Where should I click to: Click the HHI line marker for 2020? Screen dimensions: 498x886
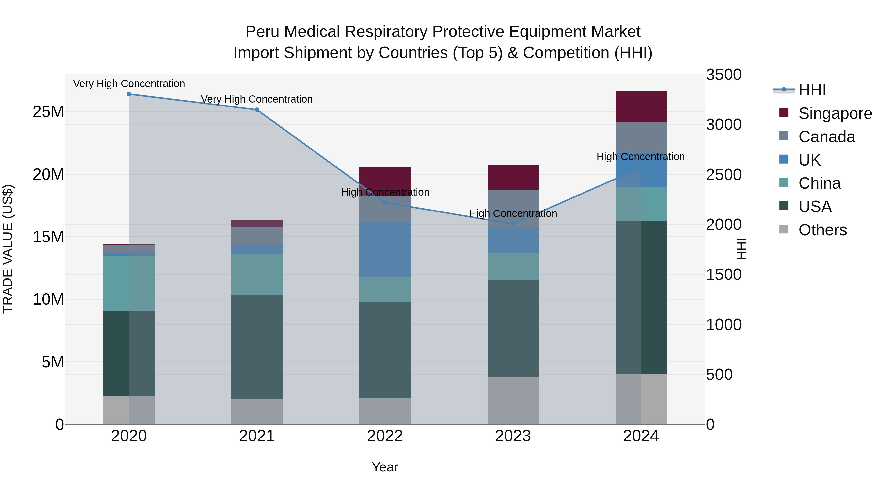pos(129,94)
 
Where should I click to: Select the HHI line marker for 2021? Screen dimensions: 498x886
pos(257,110)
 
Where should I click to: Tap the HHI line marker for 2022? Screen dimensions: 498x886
pos(385,203)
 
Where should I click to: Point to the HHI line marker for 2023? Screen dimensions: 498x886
pos(513,224)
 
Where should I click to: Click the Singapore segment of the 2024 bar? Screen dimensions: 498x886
pos(641,107)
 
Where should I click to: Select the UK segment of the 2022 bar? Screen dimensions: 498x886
pos(385,249)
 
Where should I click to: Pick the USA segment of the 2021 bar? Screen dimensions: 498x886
pos(257,347)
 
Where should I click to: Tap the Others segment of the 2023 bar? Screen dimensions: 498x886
pos(513,400)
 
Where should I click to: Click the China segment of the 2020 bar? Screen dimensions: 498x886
pos(129,283)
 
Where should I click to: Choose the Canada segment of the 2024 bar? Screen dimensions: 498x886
pos(641,137)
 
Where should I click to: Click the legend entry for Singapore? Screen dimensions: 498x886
pos(835,113)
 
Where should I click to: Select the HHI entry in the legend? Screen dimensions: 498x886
pos(812,90)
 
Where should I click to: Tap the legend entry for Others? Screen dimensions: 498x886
pos(822,230)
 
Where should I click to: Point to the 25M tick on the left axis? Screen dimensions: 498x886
pos(48,112)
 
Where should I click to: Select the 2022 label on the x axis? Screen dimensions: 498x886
pos(385,436)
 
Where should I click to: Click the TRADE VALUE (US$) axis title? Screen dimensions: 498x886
pos(8,249)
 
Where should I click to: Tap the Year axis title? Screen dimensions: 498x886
pos(385,468)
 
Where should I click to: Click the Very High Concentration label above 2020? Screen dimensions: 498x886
pos(129,84)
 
